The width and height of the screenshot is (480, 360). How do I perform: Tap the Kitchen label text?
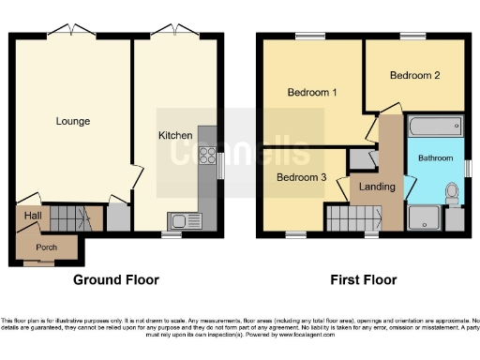[x=175, y=135]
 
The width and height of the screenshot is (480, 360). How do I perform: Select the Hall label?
[x=32, y=217]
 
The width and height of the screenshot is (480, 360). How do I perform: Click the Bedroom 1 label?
[x=312, y=93]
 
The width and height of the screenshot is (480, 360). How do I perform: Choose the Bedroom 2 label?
[x=414, y=77]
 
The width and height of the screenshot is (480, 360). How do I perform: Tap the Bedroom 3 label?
[x=300, y=176]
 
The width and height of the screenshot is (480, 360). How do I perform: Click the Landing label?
[x=378, y=187]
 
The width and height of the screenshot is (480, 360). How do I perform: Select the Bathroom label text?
[x=435, y=158]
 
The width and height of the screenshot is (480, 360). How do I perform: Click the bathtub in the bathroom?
[x=435, y=127]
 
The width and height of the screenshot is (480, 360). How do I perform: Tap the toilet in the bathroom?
[x=453, y=193]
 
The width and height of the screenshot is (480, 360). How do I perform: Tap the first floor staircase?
[x=352, y=220]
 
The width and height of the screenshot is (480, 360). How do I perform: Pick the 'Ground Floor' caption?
[x=116, y=279]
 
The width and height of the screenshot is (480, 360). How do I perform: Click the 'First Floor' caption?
[x=363, y=279]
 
